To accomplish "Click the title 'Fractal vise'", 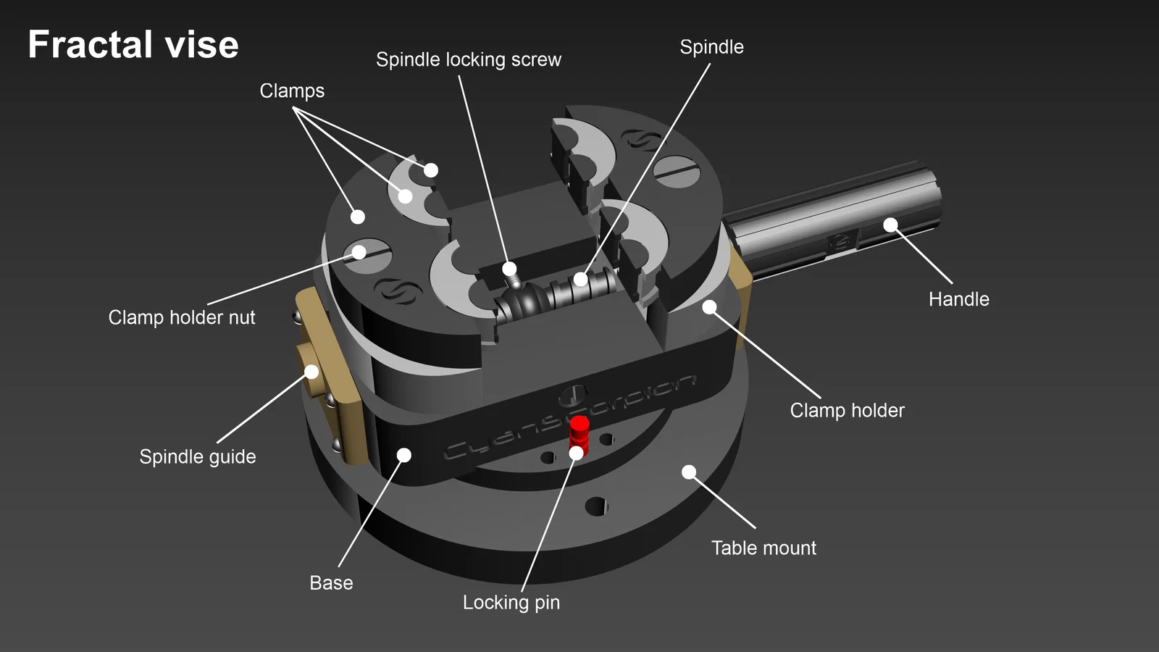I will pos(133,45).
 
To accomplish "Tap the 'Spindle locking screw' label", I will pos(468,59).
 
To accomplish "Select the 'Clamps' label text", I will pos(292,91).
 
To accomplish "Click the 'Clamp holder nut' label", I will pos(182,317).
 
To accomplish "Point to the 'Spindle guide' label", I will pos(198,456).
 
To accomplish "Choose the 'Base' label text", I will pos(331,582).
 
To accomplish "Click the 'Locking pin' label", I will pos(511,602).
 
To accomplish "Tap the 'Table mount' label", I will pos(763,548).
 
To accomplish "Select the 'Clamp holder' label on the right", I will pos(847,410).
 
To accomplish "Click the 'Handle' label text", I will pos(958,298).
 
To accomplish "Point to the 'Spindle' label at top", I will pos(711,47).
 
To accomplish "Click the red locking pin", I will pos(579,432).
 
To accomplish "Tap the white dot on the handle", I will pos(890,225).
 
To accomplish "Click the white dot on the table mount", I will pos(689,472).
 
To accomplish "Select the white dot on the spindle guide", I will pos(311,372).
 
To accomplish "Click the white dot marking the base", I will pos(404,455).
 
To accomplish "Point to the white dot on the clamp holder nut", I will pos(359,252).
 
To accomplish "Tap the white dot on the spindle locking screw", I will pos(509,269).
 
